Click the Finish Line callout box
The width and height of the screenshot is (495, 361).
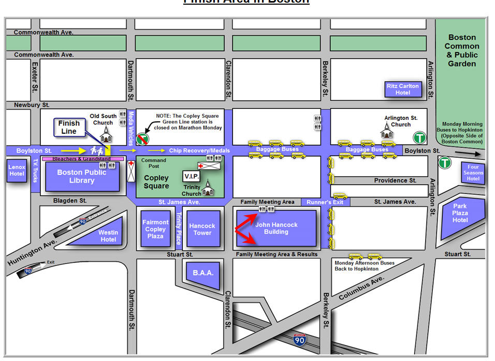coord(69,127)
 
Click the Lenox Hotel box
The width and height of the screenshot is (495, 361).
coord(16,171)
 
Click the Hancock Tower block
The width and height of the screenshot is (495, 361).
coord(202,229)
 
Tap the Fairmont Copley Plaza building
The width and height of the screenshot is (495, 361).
coord(155,229)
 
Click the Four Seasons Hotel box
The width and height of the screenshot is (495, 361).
coord(473,172)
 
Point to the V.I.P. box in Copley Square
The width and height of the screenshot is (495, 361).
coord(191,176)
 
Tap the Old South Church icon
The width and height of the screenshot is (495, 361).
coord(106,134)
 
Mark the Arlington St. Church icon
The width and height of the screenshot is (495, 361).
coord(387,132)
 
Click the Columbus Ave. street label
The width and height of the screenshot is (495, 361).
coord(361,288)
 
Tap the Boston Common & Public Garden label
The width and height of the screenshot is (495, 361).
coord(462,50)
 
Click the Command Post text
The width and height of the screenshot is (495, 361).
coord(153,163)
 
